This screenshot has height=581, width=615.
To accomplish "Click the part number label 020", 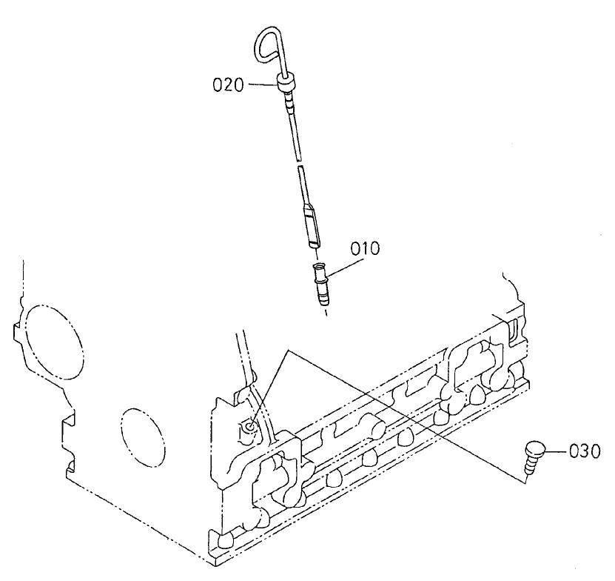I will (x=228, y=85).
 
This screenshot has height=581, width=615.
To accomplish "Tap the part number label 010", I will (x=365, y=249).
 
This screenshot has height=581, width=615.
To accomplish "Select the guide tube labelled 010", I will (x=320, y=283).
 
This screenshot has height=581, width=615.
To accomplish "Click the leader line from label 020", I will (x=261, y=84).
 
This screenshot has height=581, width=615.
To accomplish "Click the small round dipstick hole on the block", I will (x=252, y=426).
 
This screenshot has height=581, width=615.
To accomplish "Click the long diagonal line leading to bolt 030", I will (x=407, y=415).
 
